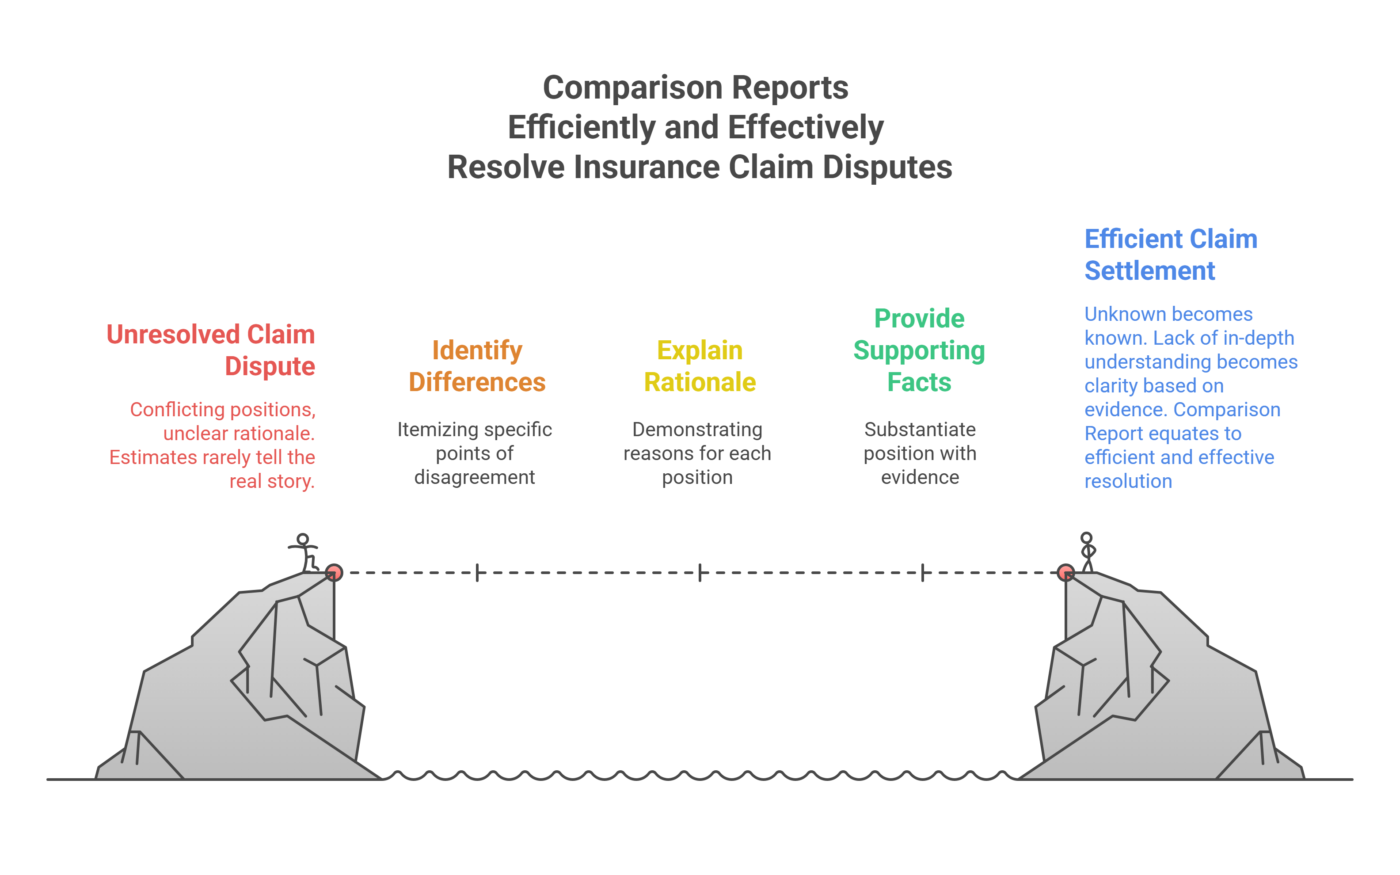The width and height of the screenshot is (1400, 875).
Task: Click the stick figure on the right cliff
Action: click(1088, 553)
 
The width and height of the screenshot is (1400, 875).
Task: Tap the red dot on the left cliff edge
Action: click(334, 573)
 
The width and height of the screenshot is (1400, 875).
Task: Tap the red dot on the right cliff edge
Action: click(1065, 573)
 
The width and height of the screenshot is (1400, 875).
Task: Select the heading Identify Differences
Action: click(477, 366)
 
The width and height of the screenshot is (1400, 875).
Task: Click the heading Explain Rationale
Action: click(700, 366)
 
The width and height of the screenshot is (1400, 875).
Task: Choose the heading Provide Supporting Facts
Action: click(919, 350)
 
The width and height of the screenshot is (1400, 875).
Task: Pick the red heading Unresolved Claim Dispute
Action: click(211, 350)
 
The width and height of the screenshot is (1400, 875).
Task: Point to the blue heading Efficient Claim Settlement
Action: click(1171, 255)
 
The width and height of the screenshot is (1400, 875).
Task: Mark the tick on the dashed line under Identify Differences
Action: click(477, 573)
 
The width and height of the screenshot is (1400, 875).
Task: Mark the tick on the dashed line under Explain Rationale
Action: click(700, 573)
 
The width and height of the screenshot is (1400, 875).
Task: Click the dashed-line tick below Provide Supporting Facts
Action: click(923, 573)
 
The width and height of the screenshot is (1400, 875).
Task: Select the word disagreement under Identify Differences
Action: click(474, 477)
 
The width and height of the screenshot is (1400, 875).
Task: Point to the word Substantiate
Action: click(920, 430)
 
